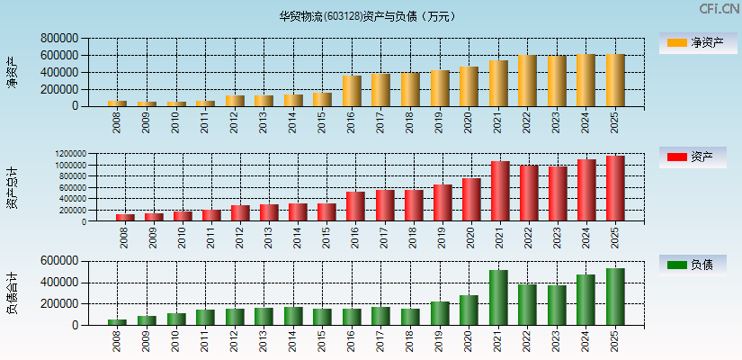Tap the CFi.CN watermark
[x=720, y=9]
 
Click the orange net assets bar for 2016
[x=352, y=91]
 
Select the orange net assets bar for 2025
[x=615, y=80]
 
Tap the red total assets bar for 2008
[x=125, y=217]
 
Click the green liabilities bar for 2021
[x=498, y=298]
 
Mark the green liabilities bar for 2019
[x=440, y=313]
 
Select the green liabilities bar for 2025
[x=615, y=297]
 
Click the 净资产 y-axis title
[x=12, y=72]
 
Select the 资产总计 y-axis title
[x=12, y=188]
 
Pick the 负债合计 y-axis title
[x=12, y=293]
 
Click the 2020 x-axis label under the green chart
[x=469, y=341]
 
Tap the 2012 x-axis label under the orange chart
[x=235, y=122]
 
